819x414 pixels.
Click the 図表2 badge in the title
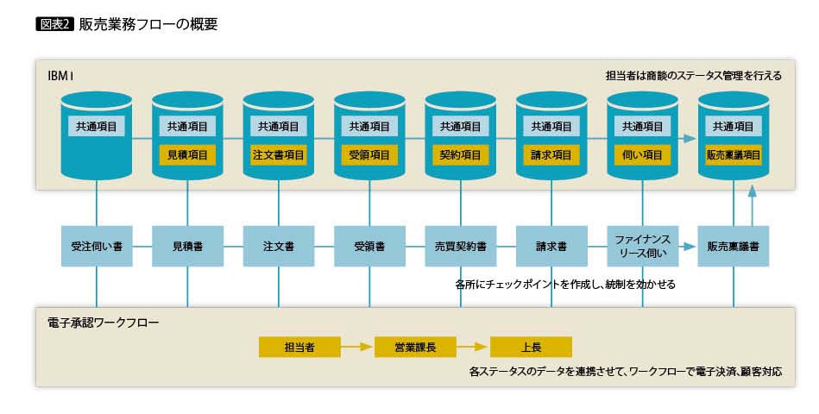54,24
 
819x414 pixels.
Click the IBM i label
60,76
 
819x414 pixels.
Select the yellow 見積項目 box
187,155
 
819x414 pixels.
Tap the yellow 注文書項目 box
278,155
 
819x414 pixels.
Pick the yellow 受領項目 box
369,155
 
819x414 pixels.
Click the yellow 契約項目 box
460,155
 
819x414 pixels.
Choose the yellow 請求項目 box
551,155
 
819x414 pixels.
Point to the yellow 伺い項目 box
642,155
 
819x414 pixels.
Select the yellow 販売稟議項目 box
733,155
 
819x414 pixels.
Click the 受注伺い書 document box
97,246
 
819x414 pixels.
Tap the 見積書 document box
187,246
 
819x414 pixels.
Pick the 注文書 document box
278,246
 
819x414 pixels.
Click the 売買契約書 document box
460,246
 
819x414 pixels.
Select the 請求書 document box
551,246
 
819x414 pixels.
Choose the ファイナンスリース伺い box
642,246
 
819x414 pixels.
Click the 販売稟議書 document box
733,246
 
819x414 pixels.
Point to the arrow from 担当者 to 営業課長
356,347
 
